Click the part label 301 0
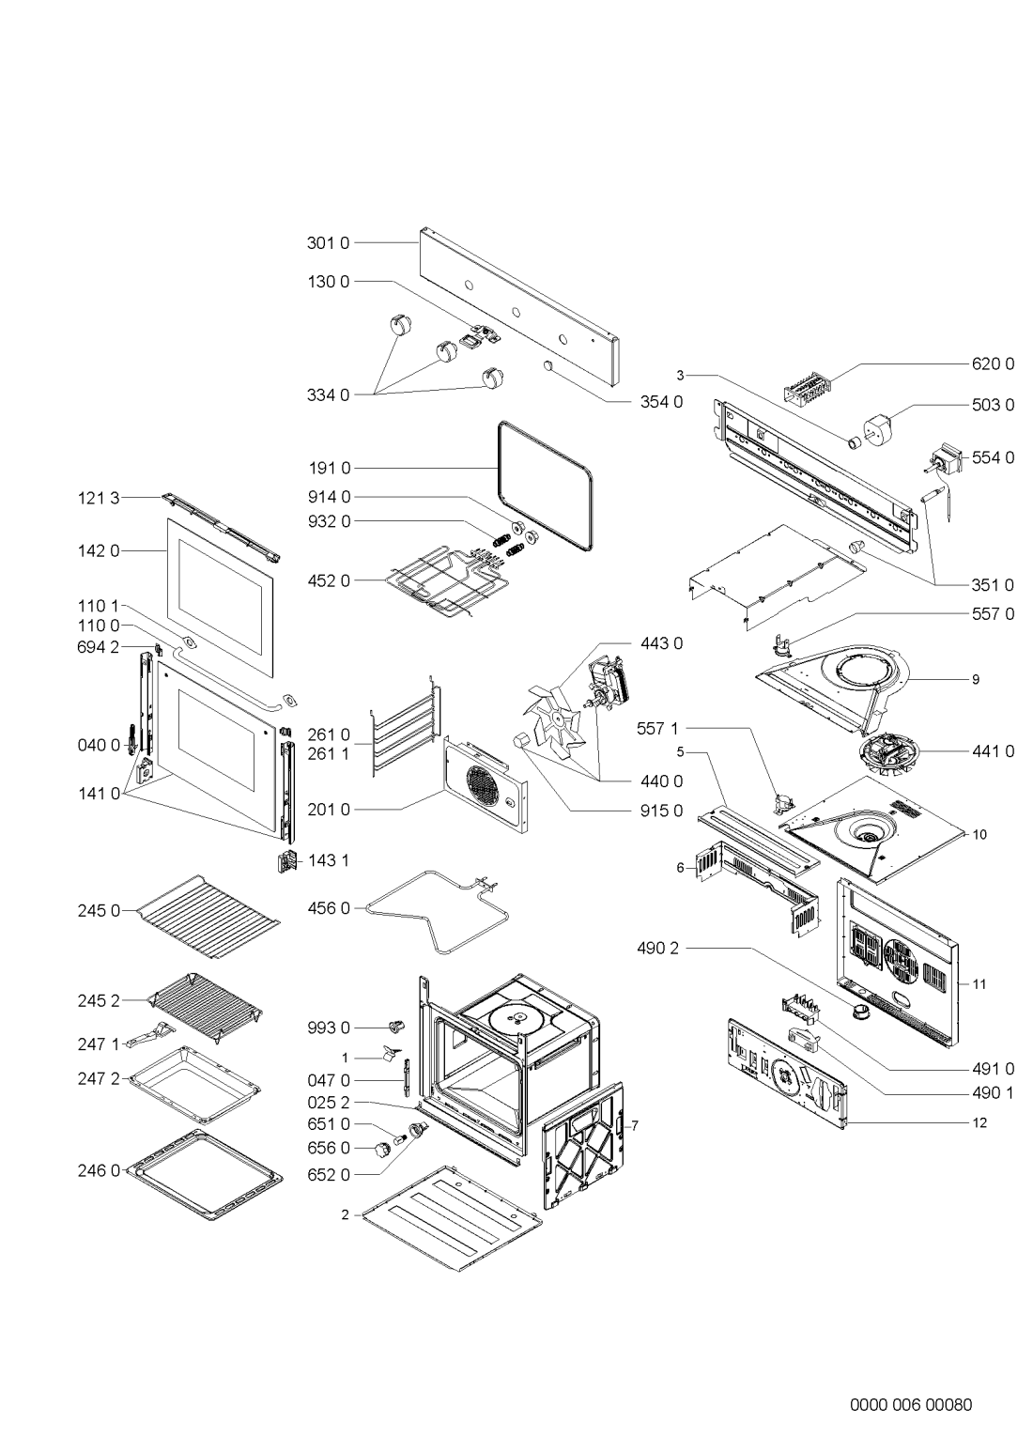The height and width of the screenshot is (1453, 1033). pos(328,243)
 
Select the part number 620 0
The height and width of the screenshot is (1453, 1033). pos(993,363)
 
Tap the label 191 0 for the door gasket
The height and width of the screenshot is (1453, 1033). pos(328,468)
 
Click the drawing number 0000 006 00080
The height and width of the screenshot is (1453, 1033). pos(910,1379)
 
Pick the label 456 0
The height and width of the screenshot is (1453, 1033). pos(328,908)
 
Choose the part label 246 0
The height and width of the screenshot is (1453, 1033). pos(98,1171)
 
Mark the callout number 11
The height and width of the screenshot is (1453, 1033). pos(979,984)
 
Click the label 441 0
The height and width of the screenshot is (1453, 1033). pos(993,751)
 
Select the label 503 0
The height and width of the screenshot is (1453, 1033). pos(993,406)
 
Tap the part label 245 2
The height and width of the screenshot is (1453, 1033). pos(98,1002)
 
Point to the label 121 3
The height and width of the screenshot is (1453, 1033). pos(98,499)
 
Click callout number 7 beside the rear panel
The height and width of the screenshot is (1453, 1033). pos(635,1125)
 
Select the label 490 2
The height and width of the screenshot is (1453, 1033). pos(656,949)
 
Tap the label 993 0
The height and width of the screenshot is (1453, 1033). pos(328,1029)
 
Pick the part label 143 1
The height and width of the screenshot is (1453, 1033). pos(328,859)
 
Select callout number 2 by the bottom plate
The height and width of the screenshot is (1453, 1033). pos(345,1214)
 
